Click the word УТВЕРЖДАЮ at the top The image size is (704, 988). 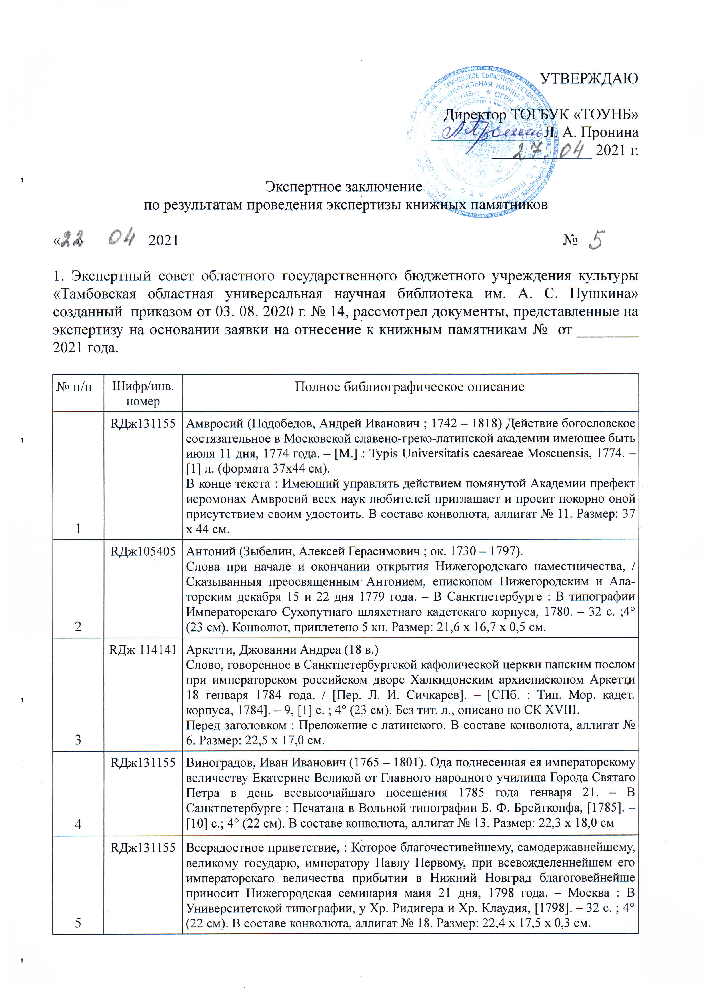589,79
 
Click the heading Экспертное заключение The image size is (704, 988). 343,186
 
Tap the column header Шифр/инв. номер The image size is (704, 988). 143,393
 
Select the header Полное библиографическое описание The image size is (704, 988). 410,387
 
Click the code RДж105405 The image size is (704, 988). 143,551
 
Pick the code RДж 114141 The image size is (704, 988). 143,649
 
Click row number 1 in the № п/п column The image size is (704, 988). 78,528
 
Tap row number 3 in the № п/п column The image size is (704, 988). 78,740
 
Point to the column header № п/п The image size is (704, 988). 74,387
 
